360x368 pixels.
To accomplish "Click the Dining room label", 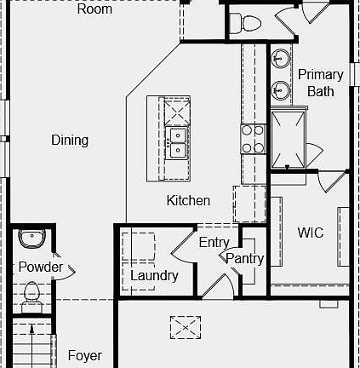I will tap(70, 141).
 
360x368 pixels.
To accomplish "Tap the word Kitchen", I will tap(188, 201).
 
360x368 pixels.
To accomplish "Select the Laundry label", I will tap(154, 275).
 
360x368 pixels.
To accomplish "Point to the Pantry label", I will tap(244, 259).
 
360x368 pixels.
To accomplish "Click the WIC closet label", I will tap(310, 233).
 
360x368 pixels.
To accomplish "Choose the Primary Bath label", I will tap(321, 83).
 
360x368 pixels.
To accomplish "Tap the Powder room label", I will tap(41, 267).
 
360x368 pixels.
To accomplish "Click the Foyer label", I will tap(84, 356).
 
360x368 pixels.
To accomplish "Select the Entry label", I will tap(214, 243).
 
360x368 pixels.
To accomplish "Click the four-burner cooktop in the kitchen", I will tap(253, 139).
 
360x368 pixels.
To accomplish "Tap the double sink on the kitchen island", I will tap(178, 143).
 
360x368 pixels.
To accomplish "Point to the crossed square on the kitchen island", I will tap(178, 111).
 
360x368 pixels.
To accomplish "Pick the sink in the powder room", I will tap(31, 238).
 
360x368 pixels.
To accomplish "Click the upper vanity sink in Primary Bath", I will tap(281, 60).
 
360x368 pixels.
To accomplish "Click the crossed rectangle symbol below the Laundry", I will tap(183, 326).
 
